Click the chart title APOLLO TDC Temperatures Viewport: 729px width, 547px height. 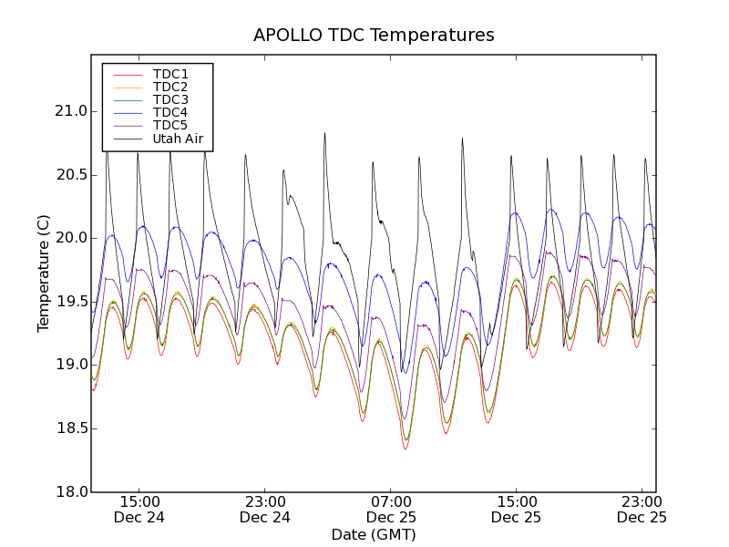(x=374, y=36)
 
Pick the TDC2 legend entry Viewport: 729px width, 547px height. (x=170, y=88)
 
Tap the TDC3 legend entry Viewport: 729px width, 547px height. (x=170, y=100)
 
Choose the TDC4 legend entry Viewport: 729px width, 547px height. (x=170, y=113)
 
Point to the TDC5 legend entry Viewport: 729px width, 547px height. (x=170, y=126)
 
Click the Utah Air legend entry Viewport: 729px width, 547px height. (x=178, y=139)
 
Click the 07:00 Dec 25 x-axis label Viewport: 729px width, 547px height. (x=391, y=509)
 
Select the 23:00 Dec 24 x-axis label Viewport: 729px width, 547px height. (x=265, y=509)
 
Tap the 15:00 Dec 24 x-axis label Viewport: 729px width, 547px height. (x=139, y=509)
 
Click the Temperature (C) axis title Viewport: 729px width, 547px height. (x=44, y=273)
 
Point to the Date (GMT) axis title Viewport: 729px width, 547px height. (x=374, y=534)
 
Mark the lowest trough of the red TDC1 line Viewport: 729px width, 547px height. (x=406, y=449)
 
